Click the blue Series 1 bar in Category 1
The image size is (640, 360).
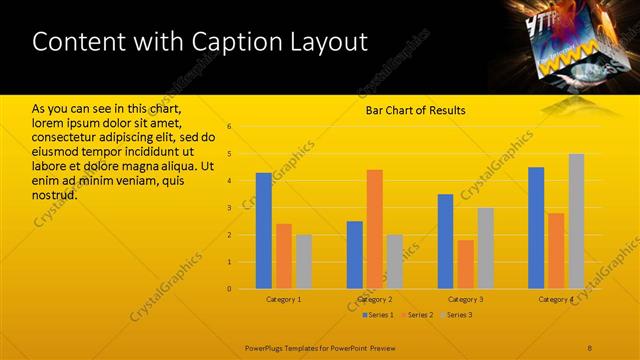263,231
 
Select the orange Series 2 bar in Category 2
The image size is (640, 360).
374,229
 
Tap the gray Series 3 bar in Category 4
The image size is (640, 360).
576,221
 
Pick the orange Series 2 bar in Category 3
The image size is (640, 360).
465,264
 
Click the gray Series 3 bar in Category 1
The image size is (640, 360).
303,262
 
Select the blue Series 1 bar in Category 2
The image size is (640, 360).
355,255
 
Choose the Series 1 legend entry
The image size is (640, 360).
378,315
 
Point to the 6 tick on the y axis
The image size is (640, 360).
229,127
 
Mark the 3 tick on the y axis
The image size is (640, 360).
229,208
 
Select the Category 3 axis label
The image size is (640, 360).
465,299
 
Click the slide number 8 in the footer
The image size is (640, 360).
590,346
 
